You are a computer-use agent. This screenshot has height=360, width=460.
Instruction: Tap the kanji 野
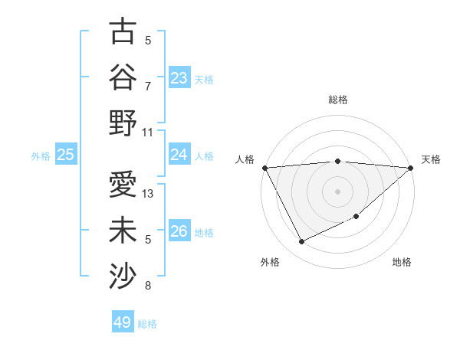(x=123, y=122)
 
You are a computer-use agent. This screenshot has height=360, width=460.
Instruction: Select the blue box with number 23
(x=179, y=77)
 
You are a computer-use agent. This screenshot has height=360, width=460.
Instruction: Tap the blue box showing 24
(x=179, y=155)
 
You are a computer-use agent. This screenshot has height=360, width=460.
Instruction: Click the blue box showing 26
(x=179, y=231)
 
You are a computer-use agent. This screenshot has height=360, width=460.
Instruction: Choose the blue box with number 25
(x=65, y=155)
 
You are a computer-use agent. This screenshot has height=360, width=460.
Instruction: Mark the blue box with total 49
(x=123, y=322)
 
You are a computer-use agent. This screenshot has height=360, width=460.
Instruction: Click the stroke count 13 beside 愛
(x=149, y=194)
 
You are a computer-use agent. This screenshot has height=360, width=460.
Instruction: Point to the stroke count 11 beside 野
(x=149, y=132)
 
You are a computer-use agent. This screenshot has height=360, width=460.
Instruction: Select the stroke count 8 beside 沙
(x=148, y=286)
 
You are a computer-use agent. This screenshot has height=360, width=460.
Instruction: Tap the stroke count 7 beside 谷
(x=148, y=87)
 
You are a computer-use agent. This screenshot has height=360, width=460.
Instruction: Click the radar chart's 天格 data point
(x=411, y=168)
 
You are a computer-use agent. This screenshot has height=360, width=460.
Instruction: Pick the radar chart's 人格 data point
(x=264, y=167)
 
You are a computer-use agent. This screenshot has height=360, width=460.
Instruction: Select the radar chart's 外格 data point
(x=301, y=242)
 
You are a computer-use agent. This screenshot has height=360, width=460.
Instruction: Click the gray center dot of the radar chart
(x=337, y=191)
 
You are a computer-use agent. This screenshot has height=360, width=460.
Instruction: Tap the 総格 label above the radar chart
(x=337, y=100)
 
